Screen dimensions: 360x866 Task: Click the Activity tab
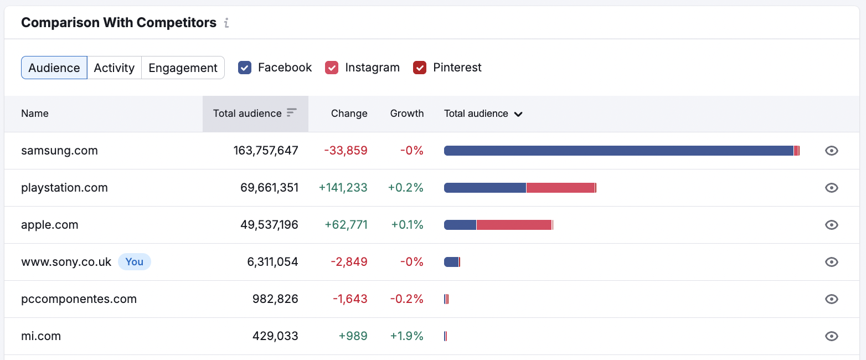[x=114, y=68]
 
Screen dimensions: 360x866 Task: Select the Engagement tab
[x=183, y=68]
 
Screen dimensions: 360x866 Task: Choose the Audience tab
[x=54, y=68]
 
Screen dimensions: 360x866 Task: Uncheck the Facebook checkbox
[x=245, y=68]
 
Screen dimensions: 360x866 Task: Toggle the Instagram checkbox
[x=331, y=68]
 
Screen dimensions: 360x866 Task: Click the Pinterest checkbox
[x=420, y=68]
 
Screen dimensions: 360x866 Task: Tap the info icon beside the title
[x=226, y=23]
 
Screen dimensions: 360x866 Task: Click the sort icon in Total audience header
[x=292, y=113]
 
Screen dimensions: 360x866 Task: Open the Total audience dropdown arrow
[x=518, y=114]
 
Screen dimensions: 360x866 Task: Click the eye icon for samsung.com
[x=831, y=151]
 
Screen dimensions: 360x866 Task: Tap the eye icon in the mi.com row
[x=831, y=336]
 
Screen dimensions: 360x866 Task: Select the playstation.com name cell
[x=64, y=188]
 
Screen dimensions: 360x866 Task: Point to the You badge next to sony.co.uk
[x=134, y=262]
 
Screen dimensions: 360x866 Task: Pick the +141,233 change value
[x=343, y=188]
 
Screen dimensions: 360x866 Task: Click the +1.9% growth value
[x=406, y=336]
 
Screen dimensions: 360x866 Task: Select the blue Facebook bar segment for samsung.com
[x=618, y=151]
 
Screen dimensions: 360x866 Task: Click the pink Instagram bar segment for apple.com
[x=514, y=225]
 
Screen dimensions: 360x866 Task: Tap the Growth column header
[x=406, y=114]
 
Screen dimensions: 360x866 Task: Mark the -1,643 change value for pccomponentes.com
[x=350, y=299]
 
